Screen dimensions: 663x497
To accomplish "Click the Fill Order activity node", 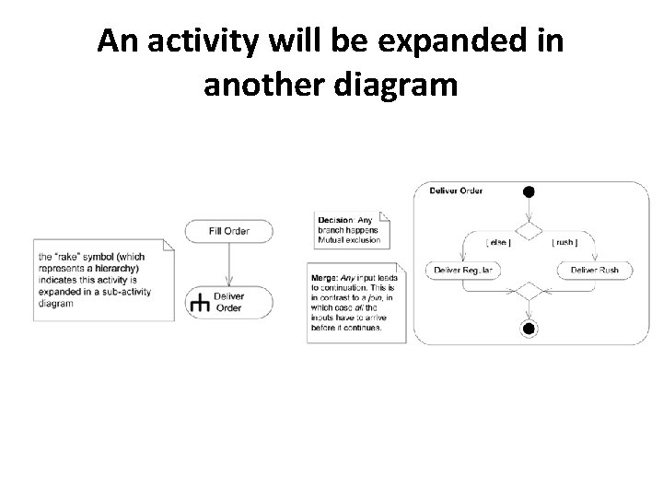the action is pyautogui.click(x=228, y=231).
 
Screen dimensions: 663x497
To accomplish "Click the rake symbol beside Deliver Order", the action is pyautogui.click(x=199, y=303).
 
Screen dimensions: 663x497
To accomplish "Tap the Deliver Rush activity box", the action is pyautogui.click(x=594, y=270).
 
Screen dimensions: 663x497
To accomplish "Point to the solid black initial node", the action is pyautogui.click(x=528, y=191).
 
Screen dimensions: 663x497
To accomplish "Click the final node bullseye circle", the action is pyautogui.click(x=528, y=329).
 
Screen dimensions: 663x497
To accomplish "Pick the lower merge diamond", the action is pyautogui.click(x=528, y=292).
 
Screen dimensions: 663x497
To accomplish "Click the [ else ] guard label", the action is pyautogui.click(x=498, y=242).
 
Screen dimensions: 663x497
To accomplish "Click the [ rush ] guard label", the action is pyautogui.click(x=564, y=242).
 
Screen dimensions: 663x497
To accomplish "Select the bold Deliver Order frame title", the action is pyautogui.click(x=456, y=191).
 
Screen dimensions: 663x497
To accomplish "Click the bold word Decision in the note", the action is pyautogui.click(x=336, y=220).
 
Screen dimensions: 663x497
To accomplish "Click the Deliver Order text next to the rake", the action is pyautogui.click(x=228, y=303).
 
